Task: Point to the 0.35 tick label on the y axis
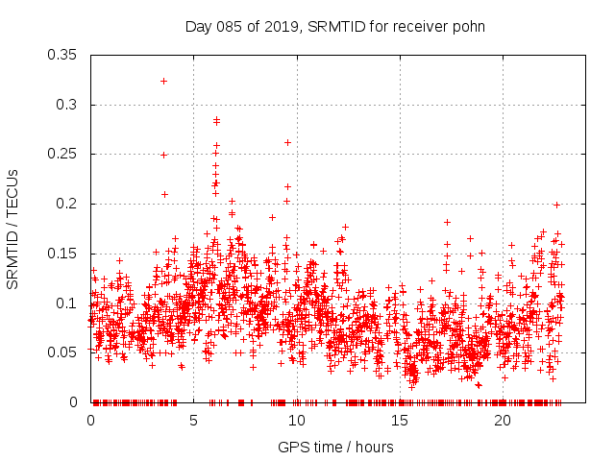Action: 63,55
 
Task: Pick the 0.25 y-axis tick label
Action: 63,154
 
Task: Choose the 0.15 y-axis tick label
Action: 63,254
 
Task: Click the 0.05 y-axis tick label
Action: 63,352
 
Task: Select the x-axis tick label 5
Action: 193,421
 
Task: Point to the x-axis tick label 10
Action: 296,421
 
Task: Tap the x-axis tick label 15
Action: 399,421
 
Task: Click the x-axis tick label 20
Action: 502,421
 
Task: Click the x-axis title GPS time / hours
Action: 335,447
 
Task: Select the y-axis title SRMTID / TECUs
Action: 12,229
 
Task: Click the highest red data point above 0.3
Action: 163,81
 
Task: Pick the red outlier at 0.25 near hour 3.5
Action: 163,155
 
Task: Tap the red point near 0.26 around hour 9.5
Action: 287,142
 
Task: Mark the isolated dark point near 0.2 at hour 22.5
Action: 556,205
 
